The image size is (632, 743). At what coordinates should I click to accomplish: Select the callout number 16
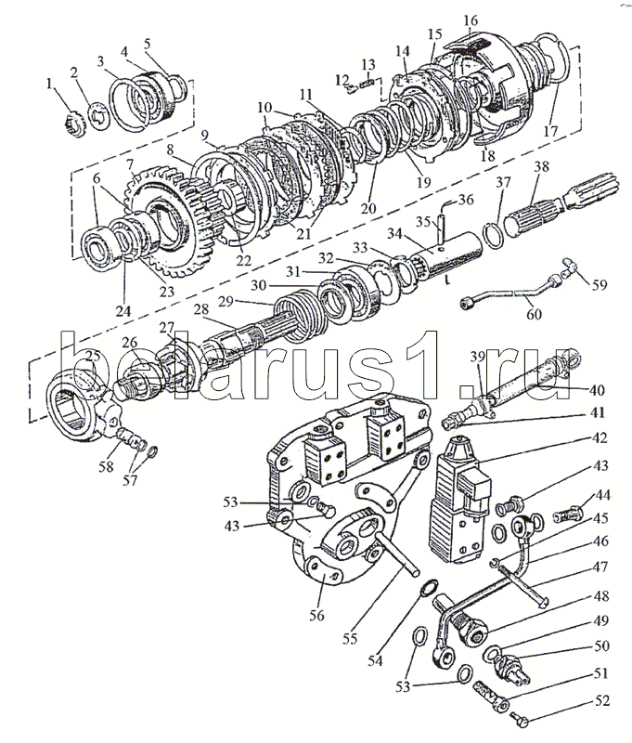pyautogui.click(x=470, y=20)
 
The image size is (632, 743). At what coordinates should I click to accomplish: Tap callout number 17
pyautogui.click(x=550, y=131)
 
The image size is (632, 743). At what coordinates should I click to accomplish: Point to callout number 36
pyautogui.click(x=466, y=199)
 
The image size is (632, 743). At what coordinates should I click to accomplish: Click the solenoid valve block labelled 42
pyautogui.click(x=457, y=502)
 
